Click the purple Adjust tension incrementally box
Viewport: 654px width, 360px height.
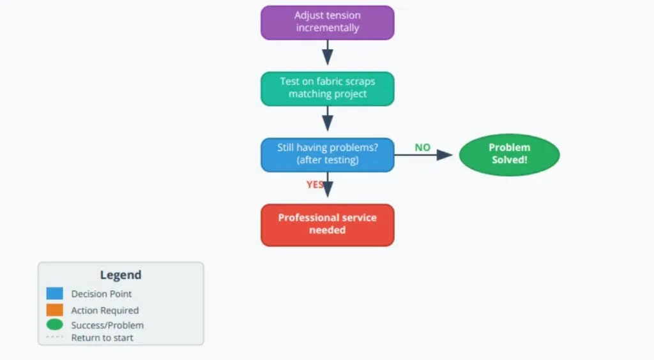click(327, 22)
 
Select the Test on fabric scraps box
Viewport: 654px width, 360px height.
click(327, 88)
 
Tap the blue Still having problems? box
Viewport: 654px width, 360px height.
click(327, 154)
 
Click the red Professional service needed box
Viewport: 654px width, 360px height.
click(327, 224)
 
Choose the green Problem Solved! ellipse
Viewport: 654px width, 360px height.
click(509, 154)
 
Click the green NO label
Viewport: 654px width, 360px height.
click(422, 147)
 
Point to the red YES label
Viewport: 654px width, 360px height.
click(315, 184)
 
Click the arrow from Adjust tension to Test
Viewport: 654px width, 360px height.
click(327, 53)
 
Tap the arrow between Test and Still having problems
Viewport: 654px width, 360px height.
click(327, 119)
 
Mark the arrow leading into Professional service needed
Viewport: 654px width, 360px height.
click(328, 188)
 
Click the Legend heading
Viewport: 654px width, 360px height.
click(121, 275)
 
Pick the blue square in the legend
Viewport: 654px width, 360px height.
click(55, 294)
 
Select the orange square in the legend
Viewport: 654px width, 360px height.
click(55, 310)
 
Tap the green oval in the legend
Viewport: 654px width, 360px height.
click(55, 325)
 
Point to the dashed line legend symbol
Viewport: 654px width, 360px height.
click(55, 337)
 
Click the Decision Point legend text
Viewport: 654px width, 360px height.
click(102, 294)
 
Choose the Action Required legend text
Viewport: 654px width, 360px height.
click(105, 310)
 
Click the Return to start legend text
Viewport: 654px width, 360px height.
click(102, 338)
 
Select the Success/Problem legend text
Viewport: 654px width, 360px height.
click(107, 325)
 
